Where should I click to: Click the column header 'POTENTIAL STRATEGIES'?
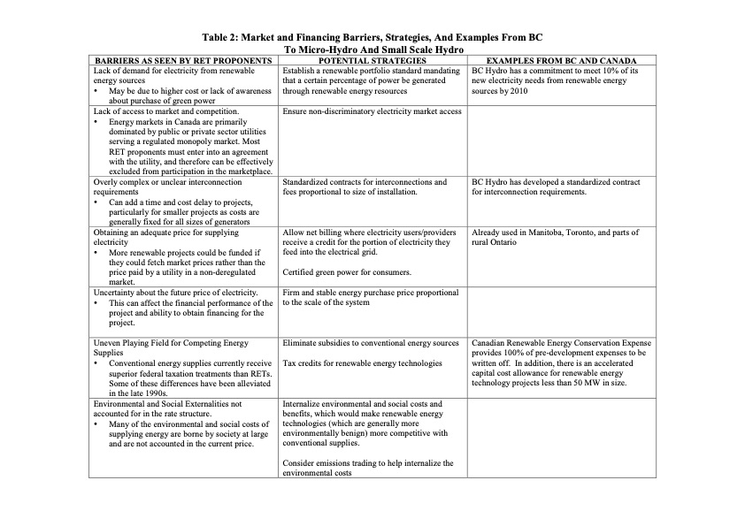click(x=371, y=60)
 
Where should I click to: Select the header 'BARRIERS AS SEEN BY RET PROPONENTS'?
click(x=182, y=60)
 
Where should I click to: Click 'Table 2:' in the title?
click(x=227, y=40)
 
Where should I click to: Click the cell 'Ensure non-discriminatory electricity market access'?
click(x=372, y=112)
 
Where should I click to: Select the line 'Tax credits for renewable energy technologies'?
click(x=362, y=363)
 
